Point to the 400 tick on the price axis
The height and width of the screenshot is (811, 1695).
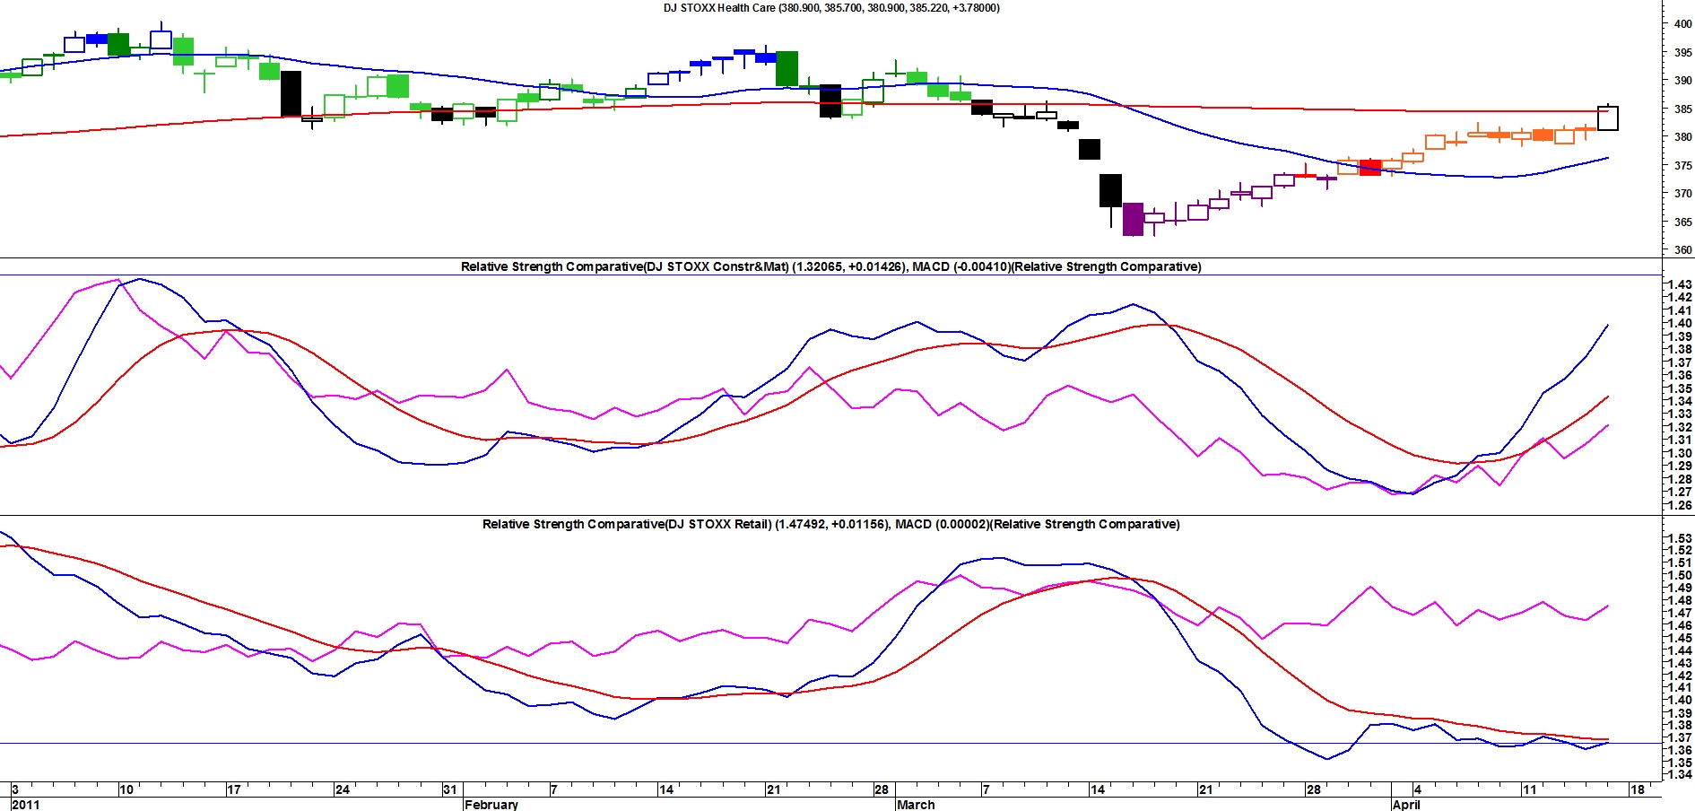(1682, 24)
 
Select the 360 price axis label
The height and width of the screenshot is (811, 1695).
(1682, 250)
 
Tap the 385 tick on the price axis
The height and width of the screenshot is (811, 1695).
(1682, 109)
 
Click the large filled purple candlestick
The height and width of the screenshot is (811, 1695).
(1133, 219)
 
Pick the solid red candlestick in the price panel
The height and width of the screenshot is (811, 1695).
(1370, 168)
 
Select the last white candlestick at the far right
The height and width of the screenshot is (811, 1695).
(1608, 118)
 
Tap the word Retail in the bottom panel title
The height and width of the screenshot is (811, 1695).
(749, 524)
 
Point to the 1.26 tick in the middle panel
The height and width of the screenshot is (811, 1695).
(1680, 505)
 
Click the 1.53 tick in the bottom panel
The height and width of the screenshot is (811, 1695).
(1680, 538)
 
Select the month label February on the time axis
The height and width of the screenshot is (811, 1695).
(491, 804)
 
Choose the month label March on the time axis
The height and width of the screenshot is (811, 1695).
(916, 804)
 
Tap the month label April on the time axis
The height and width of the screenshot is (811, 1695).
(1406, 804)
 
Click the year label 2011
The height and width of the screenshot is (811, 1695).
(25, 804)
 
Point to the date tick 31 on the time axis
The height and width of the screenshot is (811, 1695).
(450, 789)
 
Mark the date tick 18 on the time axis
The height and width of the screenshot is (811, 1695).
(1638, 789)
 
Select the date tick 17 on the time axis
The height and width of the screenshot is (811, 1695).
(234, 789)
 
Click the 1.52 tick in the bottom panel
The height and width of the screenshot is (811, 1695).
(1680, 551)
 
